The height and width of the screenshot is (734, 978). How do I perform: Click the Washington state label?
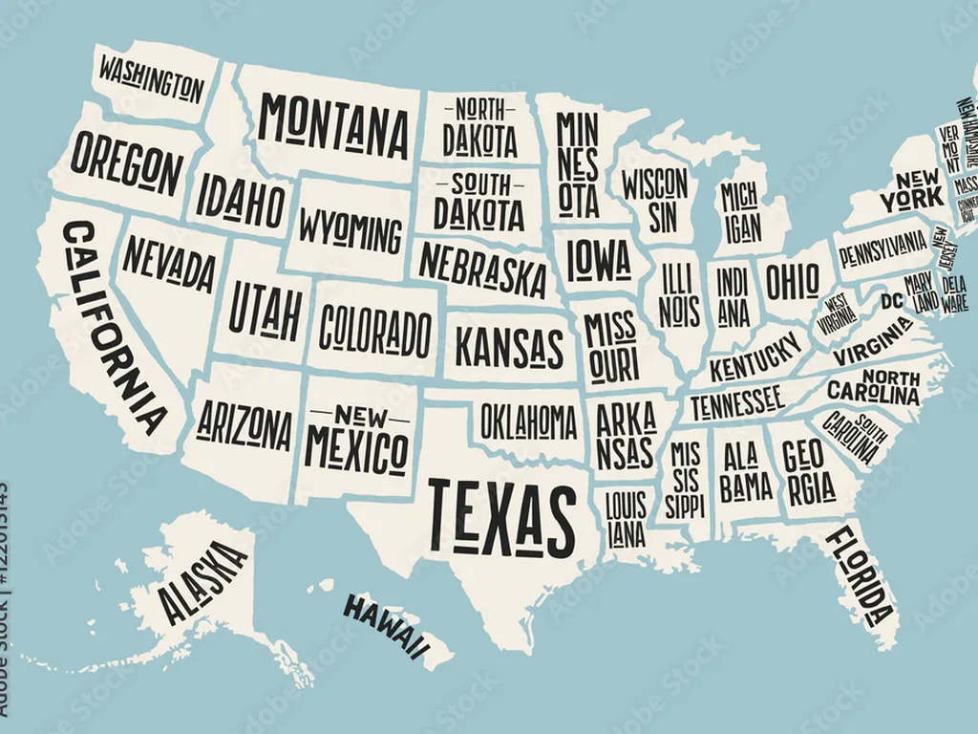click(152, 79)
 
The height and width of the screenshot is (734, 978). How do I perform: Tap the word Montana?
click(333, 126)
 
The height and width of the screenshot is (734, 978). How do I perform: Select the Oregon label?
click(126, 163)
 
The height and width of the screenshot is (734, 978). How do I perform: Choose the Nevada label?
click(168, 263)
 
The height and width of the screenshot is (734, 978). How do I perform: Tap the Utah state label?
click(266, 313)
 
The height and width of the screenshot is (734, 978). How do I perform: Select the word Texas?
click(501, 517)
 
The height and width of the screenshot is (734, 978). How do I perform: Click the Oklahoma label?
click(528, 421)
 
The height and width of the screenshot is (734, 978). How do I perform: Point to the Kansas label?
click(509, 347)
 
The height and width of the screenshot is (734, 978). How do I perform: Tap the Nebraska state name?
click(482, 269)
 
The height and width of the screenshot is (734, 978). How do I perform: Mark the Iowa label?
click(599, 258)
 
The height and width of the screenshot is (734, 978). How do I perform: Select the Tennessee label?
click(736, 402)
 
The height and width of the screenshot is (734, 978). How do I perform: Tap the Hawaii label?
click(385, 627)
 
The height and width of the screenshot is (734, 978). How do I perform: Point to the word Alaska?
click(201, 582)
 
